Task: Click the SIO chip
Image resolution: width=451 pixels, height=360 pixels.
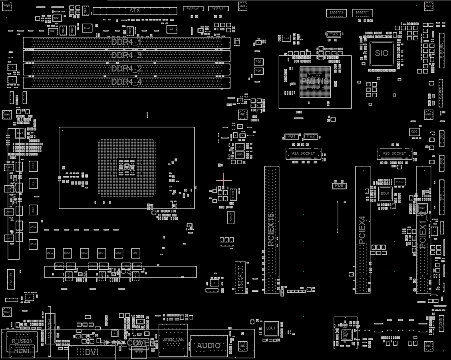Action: click(381, 54)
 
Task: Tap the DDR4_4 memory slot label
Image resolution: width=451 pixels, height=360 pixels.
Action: click(126, 82)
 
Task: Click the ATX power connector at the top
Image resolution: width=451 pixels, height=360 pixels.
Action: click(135, 10)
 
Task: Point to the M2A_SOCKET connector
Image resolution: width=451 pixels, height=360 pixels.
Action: click(303, 153)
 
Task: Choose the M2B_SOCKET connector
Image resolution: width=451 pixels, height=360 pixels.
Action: click(394, 153)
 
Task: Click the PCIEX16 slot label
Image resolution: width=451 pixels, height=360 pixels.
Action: click(271, 229)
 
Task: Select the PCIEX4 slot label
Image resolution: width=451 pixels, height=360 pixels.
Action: click(362, 230)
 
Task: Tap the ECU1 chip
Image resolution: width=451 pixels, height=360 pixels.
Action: click(385, 193)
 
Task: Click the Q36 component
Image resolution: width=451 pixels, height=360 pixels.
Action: click(414, 131)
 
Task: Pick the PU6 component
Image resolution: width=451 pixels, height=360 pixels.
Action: click(339, 186)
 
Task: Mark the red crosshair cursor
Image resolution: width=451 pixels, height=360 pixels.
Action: click(223, 180)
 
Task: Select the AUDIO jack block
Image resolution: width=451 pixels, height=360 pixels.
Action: click(209, 346)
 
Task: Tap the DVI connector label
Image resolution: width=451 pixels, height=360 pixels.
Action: click(91, 352)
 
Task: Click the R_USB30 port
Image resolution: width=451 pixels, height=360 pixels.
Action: click(22, 342)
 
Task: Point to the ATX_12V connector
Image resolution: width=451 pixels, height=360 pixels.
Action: click(11, 279)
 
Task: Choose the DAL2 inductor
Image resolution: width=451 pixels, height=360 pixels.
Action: click(33, 227)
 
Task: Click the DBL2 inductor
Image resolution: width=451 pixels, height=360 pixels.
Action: click(50, 253)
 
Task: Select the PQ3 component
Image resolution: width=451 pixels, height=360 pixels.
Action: click(258, 62)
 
